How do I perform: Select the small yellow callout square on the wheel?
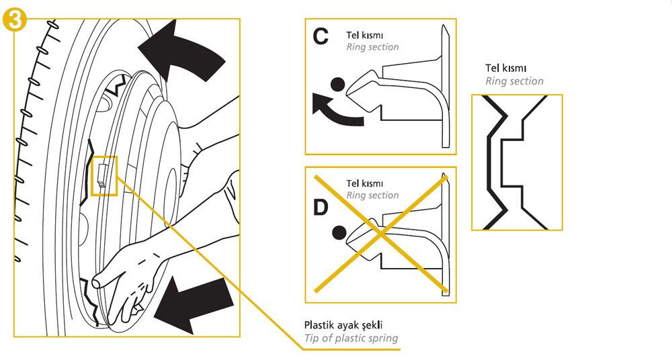coord(104,176)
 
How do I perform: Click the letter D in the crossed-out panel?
coord(321,208)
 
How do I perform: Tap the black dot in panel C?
coord(339,84)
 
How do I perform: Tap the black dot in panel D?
coord(339,232)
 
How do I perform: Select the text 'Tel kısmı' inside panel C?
coord(365,35)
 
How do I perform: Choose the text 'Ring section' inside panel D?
coord(372,195)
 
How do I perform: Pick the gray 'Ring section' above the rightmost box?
coord(514,81)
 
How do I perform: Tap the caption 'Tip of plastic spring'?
coord(351,338)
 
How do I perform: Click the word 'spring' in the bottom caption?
coord(382,339)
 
